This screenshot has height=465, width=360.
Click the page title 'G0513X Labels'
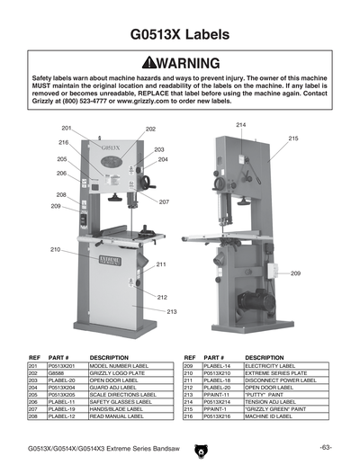coord(180,35)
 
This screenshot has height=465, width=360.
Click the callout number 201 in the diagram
coord(67,129)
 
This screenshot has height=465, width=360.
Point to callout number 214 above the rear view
coord(241,123)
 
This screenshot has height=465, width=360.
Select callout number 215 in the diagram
coord(293,138)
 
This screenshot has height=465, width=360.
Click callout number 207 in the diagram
coord(164,202)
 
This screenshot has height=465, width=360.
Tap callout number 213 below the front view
coord(171,311)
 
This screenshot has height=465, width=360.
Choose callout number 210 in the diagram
coord(55,249)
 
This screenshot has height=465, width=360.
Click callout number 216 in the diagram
coord(64,143)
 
